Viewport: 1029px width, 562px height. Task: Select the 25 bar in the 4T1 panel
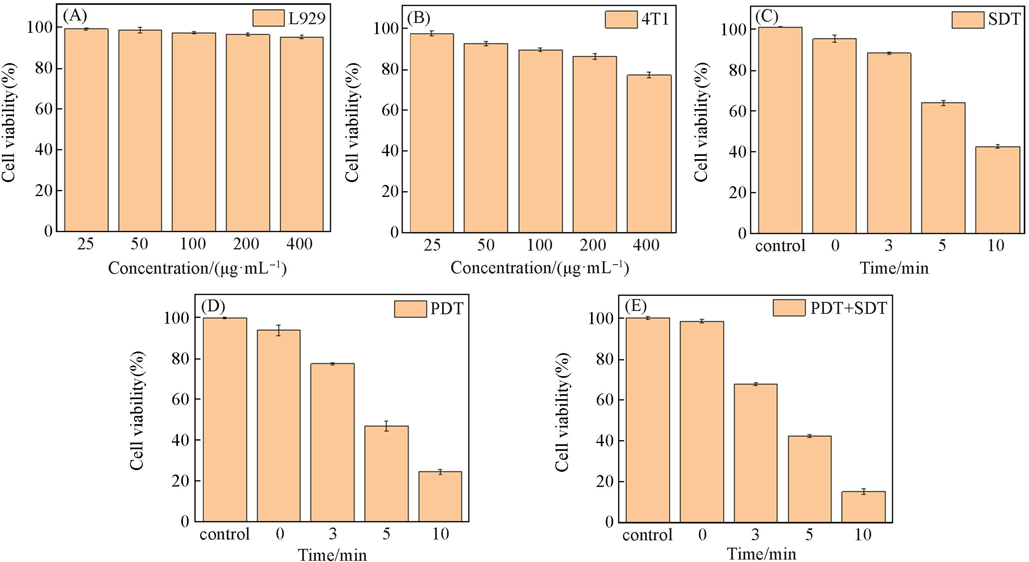coord(432,133)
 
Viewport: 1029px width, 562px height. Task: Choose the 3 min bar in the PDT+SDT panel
coord(755,453)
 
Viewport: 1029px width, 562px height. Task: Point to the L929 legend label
coord(307,18)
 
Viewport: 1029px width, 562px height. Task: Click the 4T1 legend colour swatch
coord(621,19)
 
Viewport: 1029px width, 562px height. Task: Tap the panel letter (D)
coord(213,306)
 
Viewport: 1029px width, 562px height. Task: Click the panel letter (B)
coord(418,18)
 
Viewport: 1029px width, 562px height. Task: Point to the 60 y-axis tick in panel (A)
coord(44,109)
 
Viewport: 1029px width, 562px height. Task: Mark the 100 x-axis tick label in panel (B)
coord(539,245)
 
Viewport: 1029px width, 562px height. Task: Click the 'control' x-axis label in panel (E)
coord(647,535)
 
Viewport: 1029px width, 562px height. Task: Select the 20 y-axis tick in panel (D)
coord(180,481)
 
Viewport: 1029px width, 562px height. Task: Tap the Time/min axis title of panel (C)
coord(894,268)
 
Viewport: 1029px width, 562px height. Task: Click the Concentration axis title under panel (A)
coord(197,269)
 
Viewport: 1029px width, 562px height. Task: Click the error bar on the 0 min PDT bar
coord(278,330)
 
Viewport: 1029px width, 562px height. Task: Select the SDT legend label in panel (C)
coord(1004,19)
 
